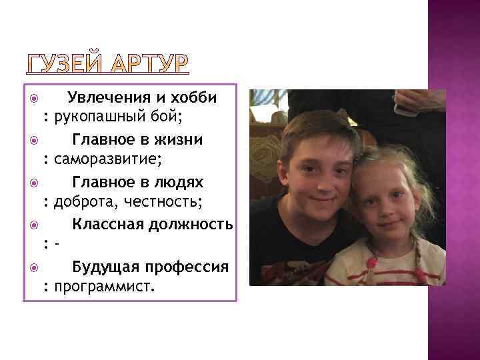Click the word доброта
tap(84, 202)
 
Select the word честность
tap(163, 202)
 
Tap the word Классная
tap(105, 224)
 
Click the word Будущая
tap(104, 267)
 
